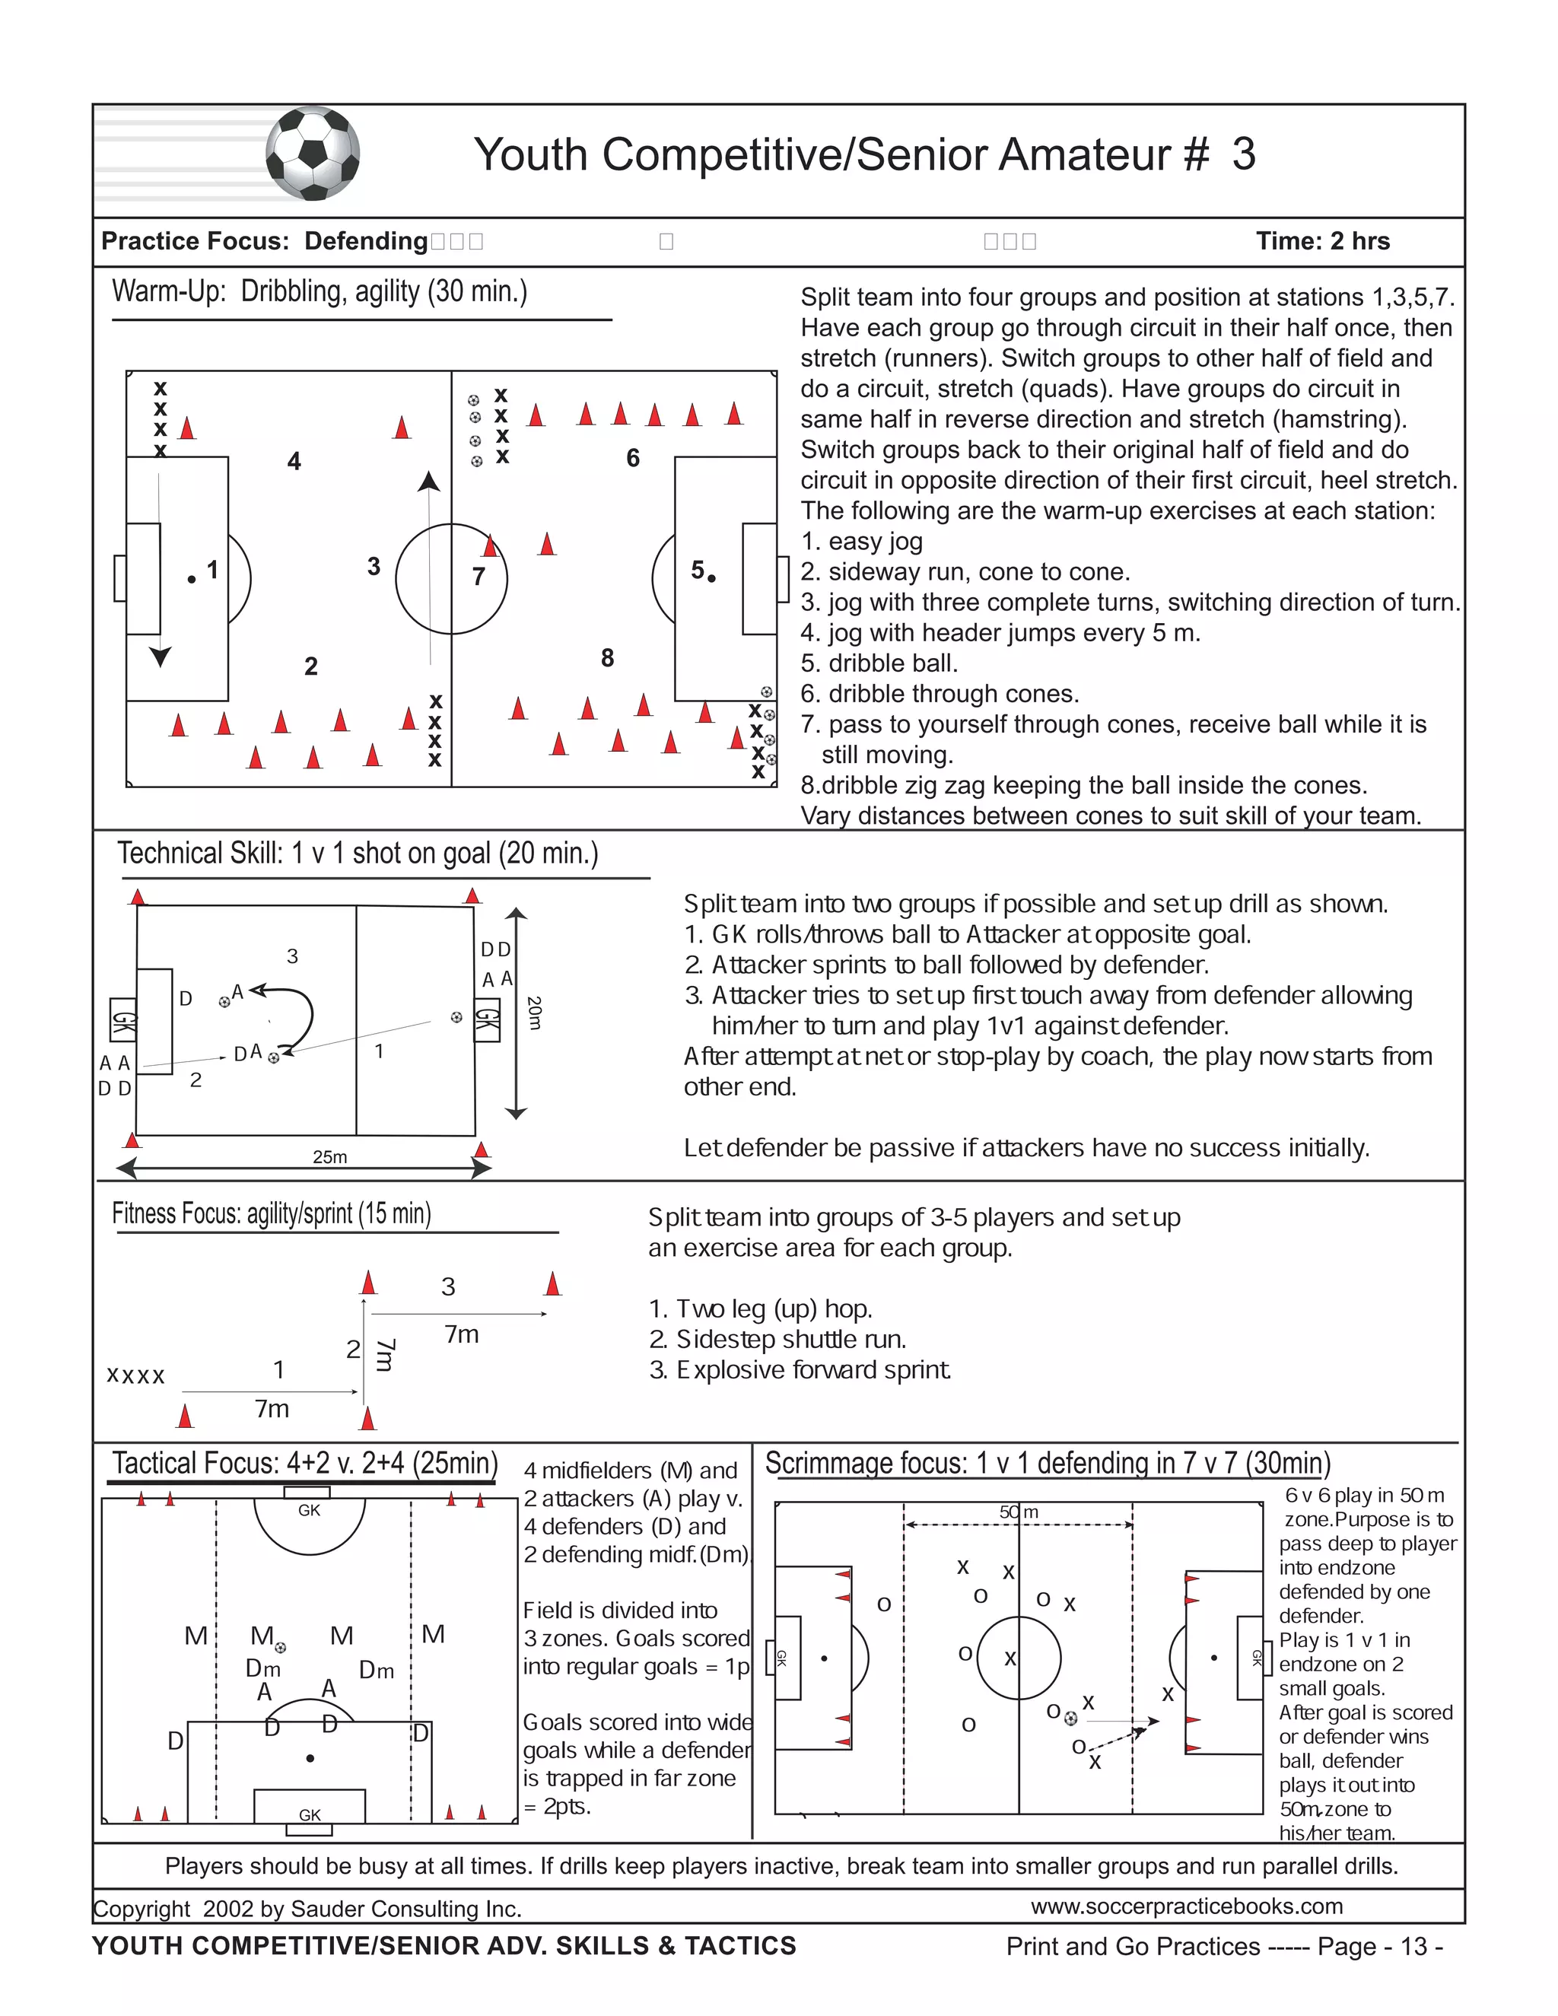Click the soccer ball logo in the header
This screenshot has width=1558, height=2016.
[x=313, y=153]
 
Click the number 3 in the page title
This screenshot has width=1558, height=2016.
[x=1243, y=154]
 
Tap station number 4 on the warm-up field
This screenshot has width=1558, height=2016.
[x=294, y=462]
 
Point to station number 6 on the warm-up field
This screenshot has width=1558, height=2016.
[x=632, y=458]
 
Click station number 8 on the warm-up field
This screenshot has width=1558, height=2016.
[x=606, y=658]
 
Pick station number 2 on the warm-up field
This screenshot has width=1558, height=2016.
[x=311, y=666]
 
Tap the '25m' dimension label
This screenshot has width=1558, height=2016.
[x=329, y=1156]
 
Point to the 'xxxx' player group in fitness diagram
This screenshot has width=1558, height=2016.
[x=135, y=1376]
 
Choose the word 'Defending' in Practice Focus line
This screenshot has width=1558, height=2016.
[x=365, y=241]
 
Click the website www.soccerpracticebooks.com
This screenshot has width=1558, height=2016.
[x=1186, y=1906]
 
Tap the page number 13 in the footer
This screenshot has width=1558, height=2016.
[x=1414, y=1947]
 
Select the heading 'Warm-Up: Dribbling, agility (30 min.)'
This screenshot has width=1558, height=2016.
[x=320, y=291]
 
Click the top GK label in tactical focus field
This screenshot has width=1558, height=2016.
[x=309, y=1510]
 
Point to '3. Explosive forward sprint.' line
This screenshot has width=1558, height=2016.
[x=800, y=1370]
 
